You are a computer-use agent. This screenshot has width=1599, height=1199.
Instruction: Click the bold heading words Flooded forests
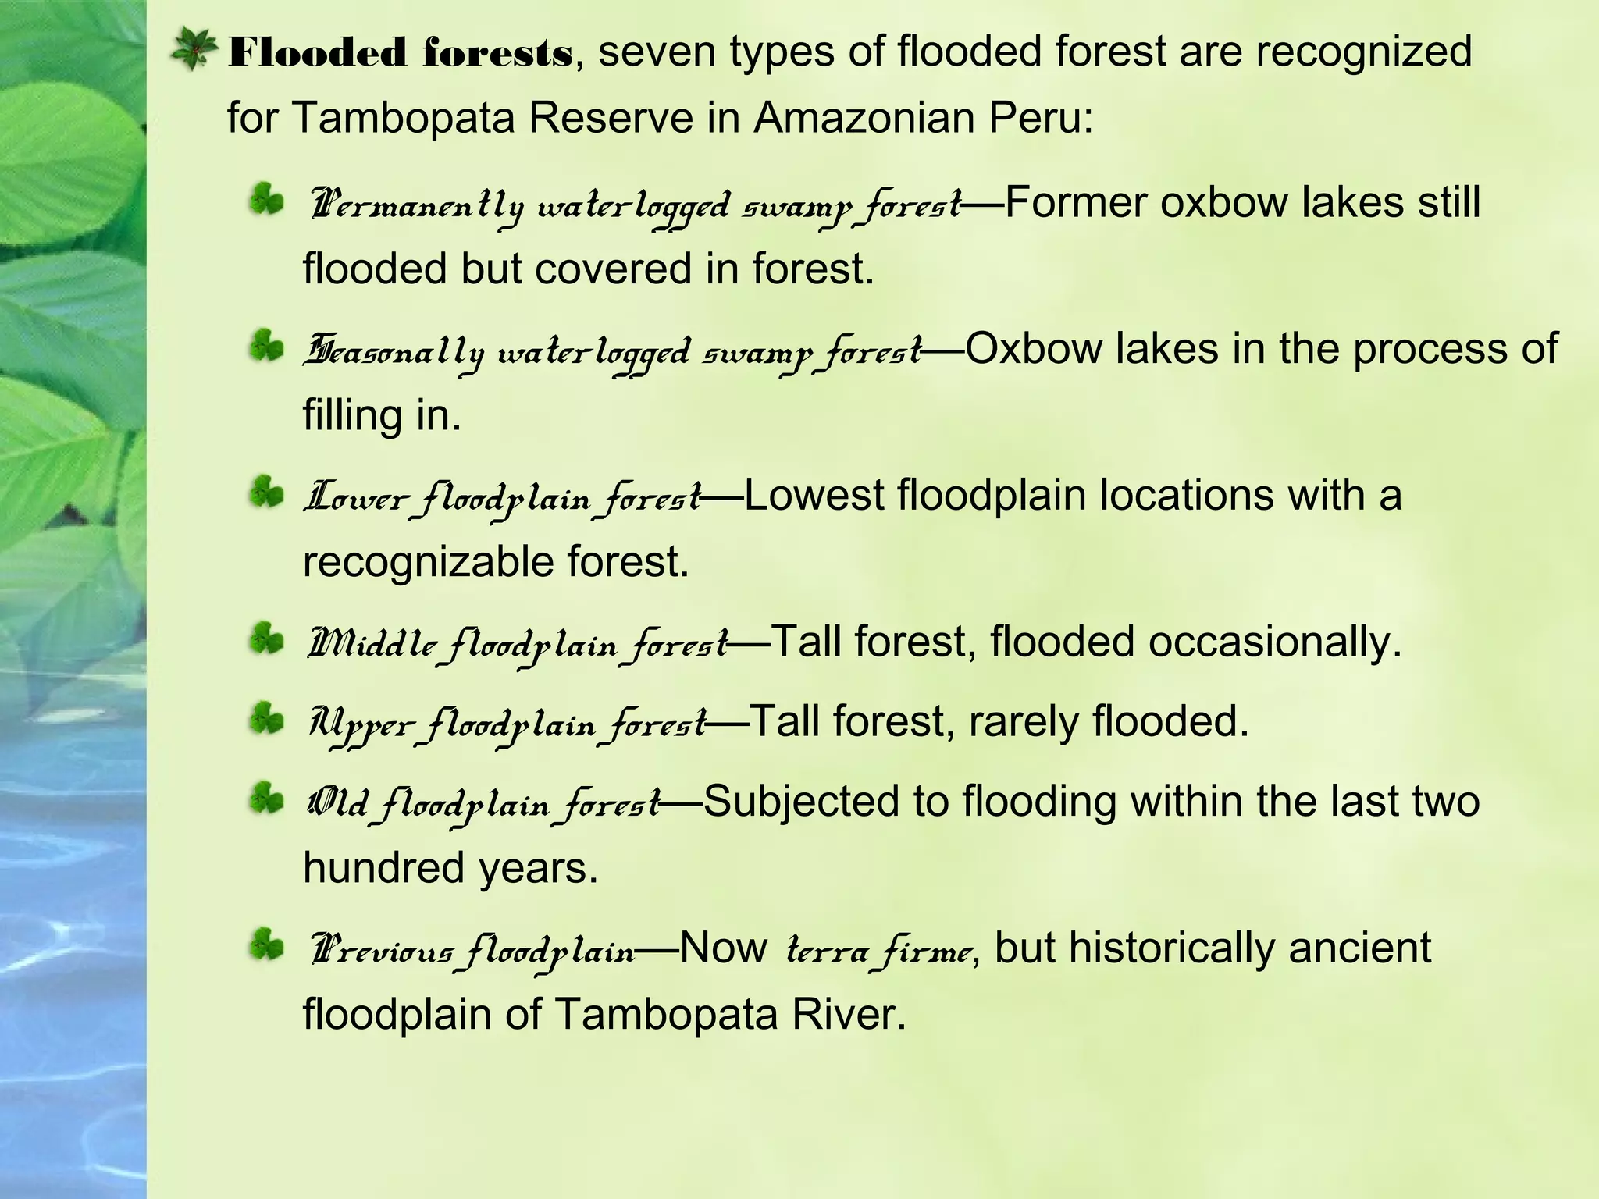[x=400, y=53]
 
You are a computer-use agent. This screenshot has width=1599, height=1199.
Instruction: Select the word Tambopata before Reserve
[x=402, y=119]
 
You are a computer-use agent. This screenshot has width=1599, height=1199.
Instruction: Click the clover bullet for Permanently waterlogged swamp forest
[x=266, y=200]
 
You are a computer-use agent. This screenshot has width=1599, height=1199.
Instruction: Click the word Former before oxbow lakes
[x=1076, y=203]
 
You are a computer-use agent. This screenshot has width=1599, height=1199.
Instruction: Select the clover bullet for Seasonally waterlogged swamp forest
[x=266, y=347]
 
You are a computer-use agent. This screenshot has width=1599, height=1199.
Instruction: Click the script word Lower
[x=356, y=498]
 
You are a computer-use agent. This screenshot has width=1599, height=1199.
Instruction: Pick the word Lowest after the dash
[x=814, y=496]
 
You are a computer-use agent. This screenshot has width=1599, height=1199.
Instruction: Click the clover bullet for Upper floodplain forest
[x=266, y=720]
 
